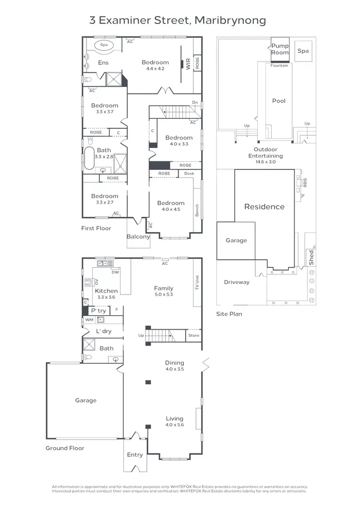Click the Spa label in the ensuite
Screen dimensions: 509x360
104,45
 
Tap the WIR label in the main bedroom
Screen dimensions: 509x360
188,64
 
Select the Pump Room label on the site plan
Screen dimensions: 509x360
280,49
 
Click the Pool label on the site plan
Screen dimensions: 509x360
279,101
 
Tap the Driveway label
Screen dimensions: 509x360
237,282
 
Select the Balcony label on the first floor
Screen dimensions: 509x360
138,237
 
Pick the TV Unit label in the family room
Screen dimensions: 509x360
197,283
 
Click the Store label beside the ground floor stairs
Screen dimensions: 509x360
193,335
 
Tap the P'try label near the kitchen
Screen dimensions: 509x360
98,311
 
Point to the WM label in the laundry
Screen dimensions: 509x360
89,320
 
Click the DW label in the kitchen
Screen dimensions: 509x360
115,272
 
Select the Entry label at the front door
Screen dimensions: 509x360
135,454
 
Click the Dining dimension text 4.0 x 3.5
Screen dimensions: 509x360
175,369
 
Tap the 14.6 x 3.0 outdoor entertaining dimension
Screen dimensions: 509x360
265,162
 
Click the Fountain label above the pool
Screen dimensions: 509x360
279,66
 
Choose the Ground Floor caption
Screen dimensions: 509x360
65,448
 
